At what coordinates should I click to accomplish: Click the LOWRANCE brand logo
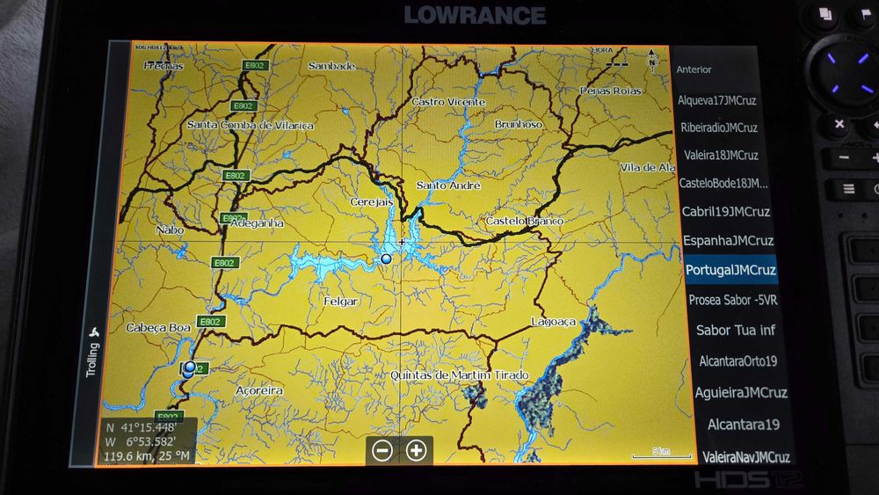click(x=475, y=15)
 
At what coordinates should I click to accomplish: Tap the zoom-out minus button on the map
click(x=382, y=451)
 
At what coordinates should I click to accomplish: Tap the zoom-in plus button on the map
click(x=416, y=451)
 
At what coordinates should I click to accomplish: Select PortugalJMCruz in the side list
click(x=730, y=269)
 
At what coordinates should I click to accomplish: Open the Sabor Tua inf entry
click(x=736, y=331)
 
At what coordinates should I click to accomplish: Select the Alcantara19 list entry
click(x=743, y=425)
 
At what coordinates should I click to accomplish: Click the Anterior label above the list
click(x=694, y=69)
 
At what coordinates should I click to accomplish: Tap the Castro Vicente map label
click(x=448, y=102)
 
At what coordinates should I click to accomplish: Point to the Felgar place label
click(x=341, y=302)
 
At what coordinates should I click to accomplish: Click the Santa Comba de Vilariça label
click(x=251, y=126)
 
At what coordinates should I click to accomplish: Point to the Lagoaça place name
click(x=554, y=323)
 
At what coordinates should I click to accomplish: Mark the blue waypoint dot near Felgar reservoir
click(x=386, y=258)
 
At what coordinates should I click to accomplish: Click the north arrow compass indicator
click(x=651, y=58)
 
